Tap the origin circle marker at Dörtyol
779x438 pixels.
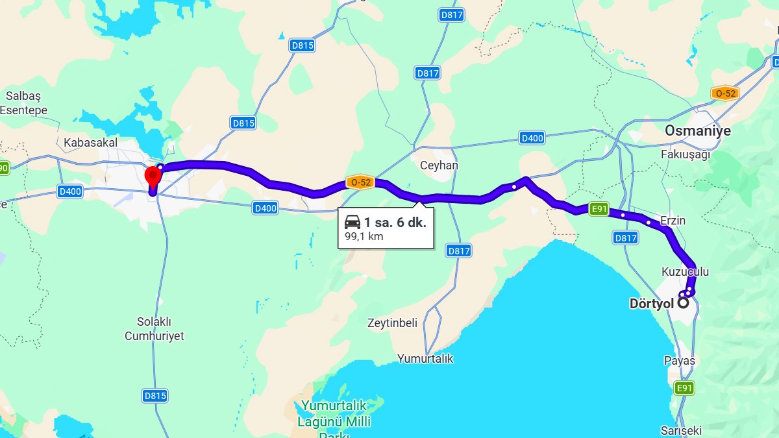[x=684, y=302]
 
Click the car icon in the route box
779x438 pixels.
[x=353, y=222]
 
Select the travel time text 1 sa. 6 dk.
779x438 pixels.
[x=395, y=223]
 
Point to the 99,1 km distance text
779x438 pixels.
[x=364, y=236]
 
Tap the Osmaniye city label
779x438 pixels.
[x=697, y=130]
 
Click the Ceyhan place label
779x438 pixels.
[x=439, y=165]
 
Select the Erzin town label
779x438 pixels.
[x=673, y=221]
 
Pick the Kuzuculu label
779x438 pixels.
[x=685, y=271]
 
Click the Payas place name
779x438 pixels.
[x=679, y=360]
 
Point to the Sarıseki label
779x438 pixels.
[x=681, y=430]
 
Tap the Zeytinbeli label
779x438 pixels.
[x=392, y=322]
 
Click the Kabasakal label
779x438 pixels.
[x=91, y=141]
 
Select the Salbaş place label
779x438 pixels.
[x=23, y=96]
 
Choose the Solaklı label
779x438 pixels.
[x=154, y=321]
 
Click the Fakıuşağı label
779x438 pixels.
[x=686, y=154]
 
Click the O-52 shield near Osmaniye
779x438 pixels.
[x=724, y=93]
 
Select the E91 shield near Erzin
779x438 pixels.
[x=599, y=209]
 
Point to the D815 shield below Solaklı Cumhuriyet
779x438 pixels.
[x=155, y=395]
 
